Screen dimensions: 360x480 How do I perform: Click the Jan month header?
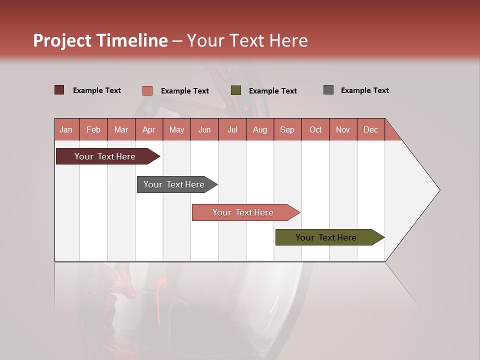66,129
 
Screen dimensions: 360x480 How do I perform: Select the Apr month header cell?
148,129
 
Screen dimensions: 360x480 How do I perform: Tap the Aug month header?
259,129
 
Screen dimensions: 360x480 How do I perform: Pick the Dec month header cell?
370,129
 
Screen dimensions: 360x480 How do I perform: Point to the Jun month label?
204,129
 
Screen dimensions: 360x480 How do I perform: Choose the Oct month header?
315,129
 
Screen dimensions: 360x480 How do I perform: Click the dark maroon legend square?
59,90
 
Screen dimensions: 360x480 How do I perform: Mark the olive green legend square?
236,90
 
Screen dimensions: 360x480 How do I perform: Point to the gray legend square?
328,90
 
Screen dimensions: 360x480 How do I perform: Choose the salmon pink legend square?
147,90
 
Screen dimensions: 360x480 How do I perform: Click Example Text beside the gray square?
364,90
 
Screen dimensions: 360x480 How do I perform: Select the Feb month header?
93,129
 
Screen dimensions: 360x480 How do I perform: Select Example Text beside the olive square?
272,91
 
